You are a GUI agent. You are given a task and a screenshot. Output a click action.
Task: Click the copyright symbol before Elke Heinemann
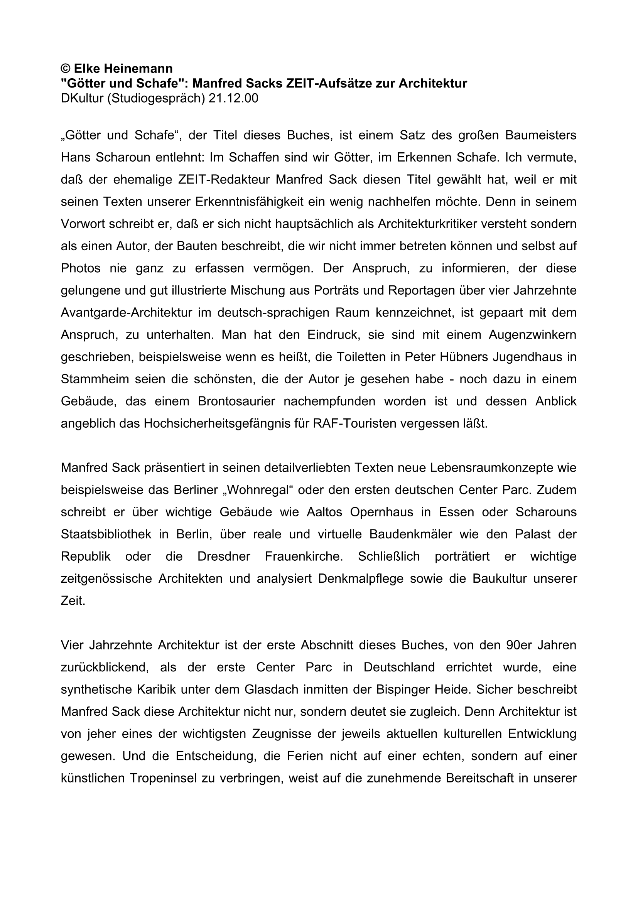(x=65, y=69)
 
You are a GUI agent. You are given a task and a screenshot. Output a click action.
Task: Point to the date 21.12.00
(x=233, y=98)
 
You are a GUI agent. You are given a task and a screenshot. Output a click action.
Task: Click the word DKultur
(x=82, y=98)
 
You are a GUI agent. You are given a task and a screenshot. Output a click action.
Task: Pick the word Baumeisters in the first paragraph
(x=540, y=135)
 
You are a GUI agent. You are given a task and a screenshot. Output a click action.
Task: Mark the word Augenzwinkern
(x=532, y=335)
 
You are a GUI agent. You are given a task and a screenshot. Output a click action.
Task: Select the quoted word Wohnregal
(x=261, y=490)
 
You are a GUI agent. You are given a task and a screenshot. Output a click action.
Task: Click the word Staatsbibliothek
(x=106, y=534)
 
